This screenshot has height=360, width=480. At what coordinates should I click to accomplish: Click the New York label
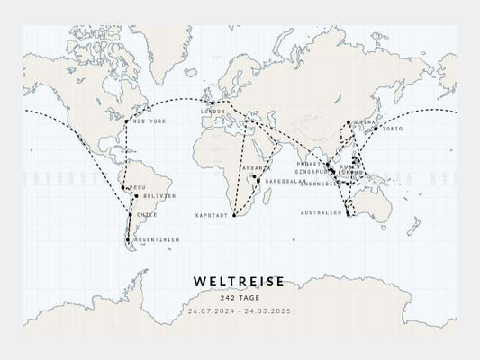[x=149, y=121]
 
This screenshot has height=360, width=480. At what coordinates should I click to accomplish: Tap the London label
[x=213, y=112]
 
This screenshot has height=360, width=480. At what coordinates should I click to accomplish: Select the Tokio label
[x=391, y=128]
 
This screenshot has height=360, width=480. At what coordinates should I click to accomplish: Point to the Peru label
[x=137, y=187]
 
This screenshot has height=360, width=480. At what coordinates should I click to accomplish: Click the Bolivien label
[x=158, y=195]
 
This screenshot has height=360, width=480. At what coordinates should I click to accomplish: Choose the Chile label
[x=148, y=215]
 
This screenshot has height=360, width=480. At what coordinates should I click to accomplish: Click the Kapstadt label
[x=213, y=216]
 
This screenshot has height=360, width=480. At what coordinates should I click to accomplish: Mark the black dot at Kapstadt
[x=233, y=216]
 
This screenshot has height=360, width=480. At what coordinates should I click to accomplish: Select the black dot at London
[x=212, y=103]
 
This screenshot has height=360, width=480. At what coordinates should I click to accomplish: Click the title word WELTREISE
[x=239, y=282]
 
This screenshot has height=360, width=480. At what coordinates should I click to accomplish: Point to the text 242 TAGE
[x=239, y=298]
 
